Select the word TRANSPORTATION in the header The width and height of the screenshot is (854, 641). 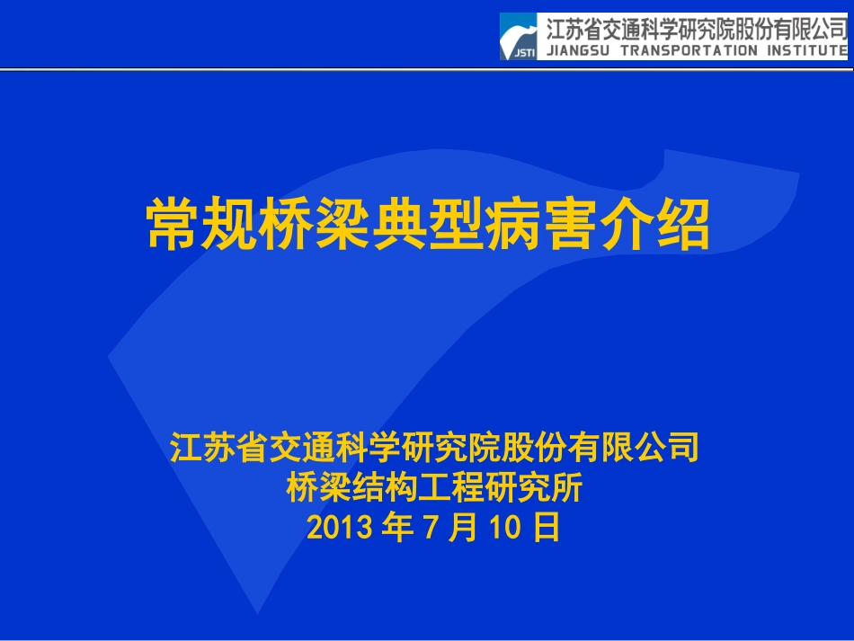pos(689,50)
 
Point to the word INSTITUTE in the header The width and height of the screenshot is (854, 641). pos(807,50)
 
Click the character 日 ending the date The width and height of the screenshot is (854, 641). pos(546,528)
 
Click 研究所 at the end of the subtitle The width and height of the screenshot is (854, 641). pos(546,488)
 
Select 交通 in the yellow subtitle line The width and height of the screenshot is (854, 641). pos(287,448)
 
